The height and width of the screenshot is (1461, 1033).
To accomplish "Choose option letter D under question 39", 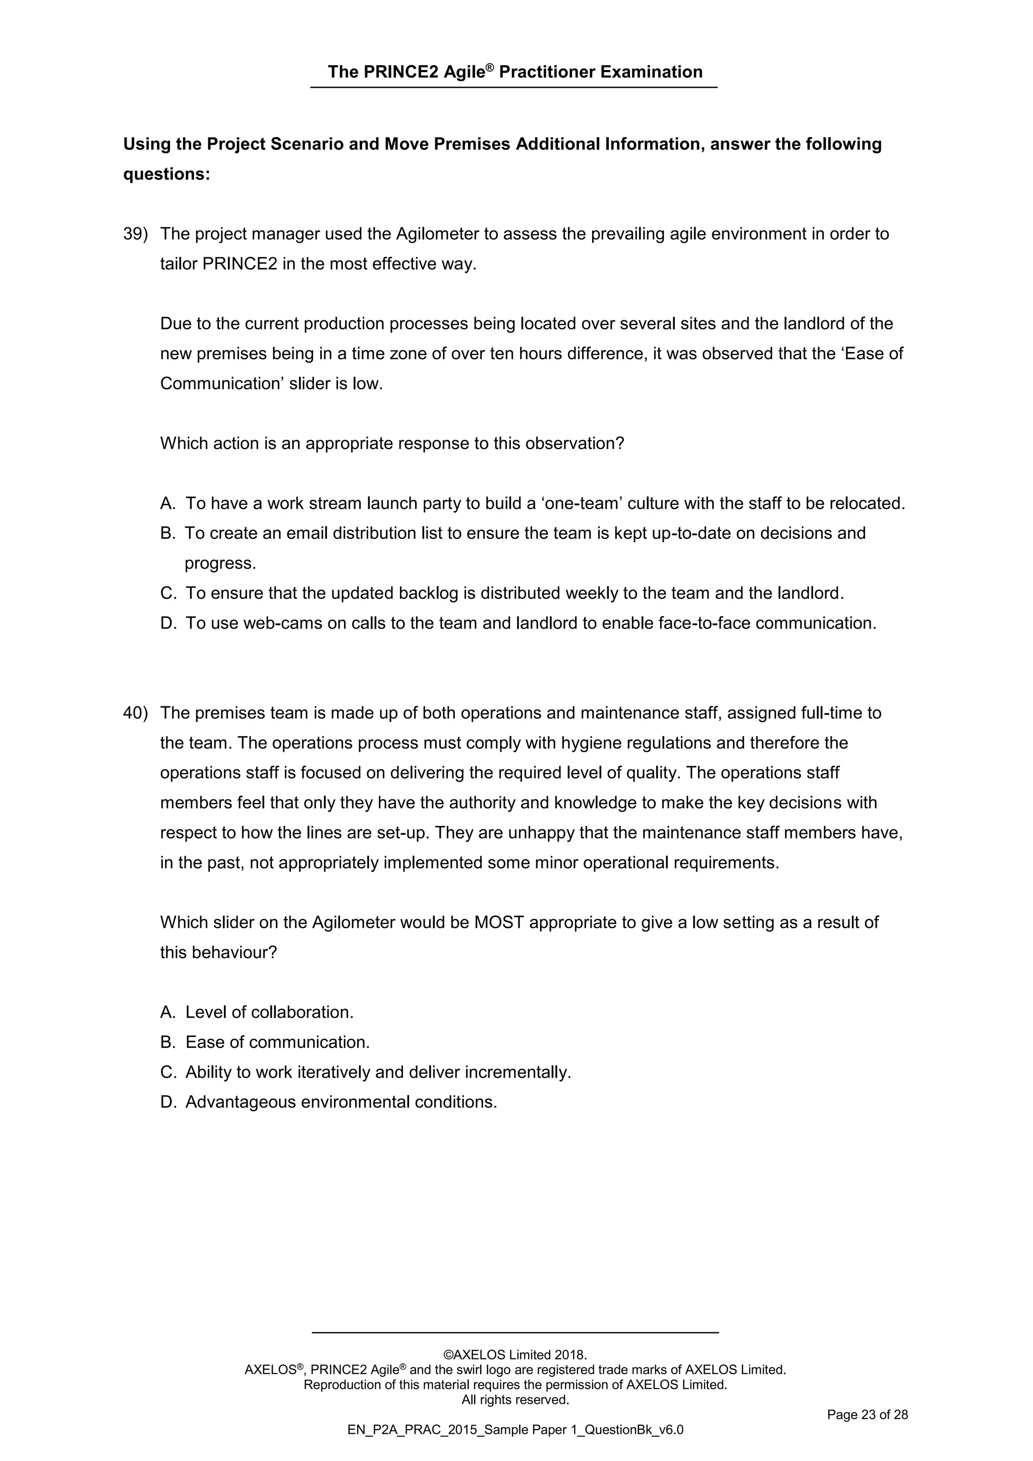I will point(167,623).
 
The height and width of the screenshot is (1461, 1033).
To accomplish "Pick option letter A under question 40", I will point(167,1013).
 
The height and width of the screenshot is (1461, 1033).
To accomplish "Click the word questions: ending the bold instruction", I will point(166,175).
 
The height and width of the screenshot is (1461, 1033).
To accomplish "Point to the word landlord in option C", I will point(809,593).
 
